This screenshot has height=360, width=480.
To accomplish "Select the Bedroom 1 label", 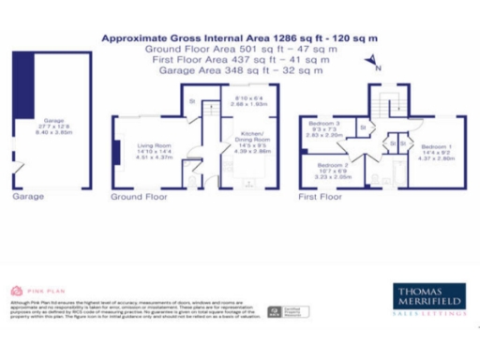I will coord(438,146).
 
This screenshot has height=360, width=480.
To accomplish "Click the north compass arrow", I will coord(370,64).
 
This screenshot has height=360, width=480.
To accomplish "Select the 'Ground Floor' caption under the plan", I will coord(139,198).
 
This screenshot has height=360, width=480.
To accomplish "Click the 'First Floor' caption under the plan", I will coord(322,198).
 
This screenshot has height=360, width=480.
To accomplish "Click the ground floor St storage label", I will coord(193,100).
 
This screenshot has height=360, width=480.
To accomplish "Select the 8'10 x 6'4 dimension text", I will coord(250,97).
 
